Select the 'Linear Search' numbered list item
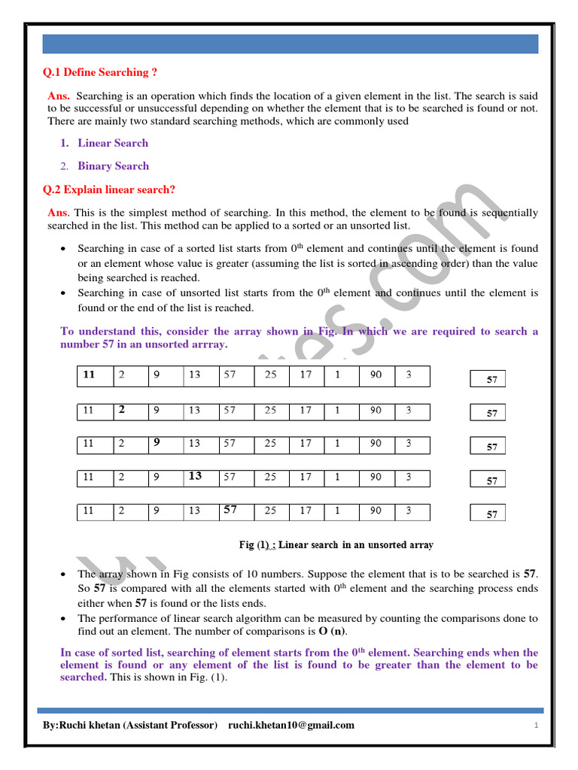coord(113,143)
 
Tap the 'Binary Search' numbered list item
coord(113,166)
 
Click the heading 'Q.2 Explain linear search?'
coord(111,189)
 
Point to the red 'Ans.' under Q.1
coord(59,96)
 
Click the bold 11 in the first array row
coord(89,374)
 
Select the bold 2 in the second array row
coord(121,410)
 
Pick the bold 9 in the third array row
coord(157,443)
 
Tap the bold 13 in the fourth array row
coord(195,476)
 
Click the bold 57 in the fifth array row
coord(230,510)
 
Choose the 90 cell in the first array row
coord(376,374)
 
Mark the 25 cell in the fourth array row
coord(270,477)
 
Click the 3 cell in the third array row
coord(409,444)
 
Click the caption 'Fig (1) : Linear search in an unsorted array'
coord(336,544)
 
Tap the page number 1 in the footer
coord(536,726)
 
